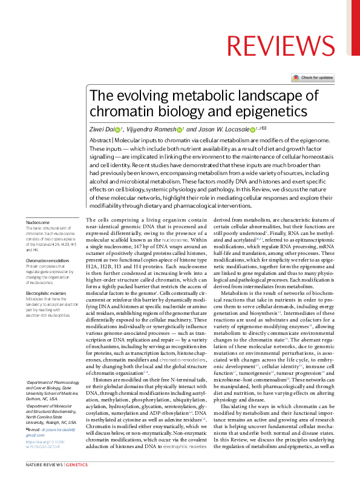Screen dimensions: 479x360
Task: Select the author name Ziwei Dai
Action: [x=102, y=130]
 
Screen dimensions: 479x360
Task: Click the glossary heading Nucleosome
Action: [x=38, y=222]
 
